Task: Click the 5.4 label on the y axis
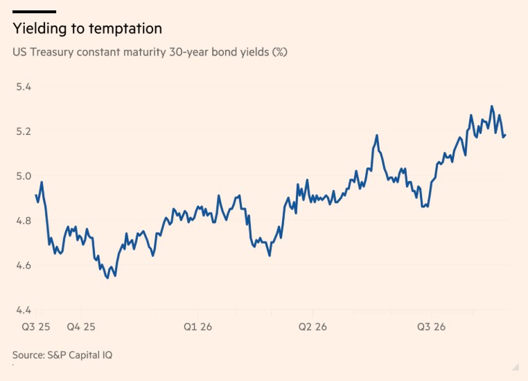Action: tap(24, 86)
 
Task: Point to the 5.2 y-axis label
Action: tap(24, 131)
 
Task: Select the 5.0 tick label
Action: tap(24, 176)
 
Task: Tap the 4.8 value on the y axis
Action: tap(24, 221)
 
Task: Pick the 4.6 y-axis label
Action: tap(24, 265)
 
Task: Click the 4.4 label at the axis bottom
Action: tap(24, 310)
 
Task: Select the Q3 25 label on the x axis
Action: tap(36, 326)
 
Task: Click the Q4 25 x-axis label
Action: tap(81, 326)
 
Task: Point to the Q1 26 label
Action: tap(197, 326)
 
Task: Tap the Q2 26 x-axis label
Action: tap(313, 326)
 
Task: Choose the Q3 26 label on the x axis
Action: tap(431, 326)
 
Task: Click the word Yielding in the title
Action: tap(39, 29)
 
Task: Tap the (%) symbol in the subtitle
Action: tap(279, 52)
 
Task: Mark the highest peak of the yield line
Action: tap(492, 106)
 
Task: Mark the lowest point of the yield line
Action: tap(107, 277)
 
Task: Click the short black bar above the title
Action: tap(35, 12)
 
